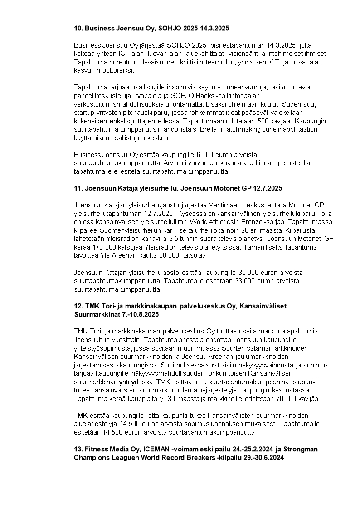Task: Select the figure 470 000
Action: pyautogui.click(x=97, y=247)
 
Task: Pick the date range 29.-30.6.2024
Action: pyautogui.click(x=256, y=457)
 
